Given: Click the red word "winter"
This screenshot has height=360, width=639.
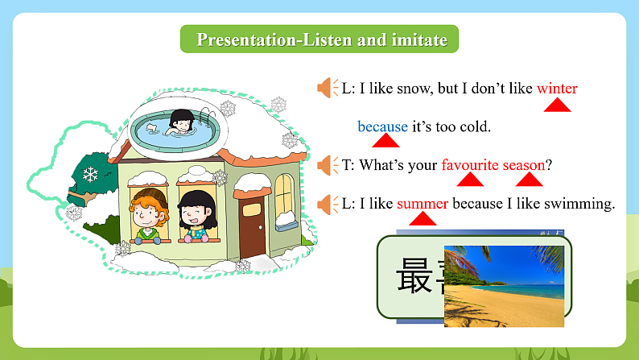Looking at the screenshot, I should pos(557,88).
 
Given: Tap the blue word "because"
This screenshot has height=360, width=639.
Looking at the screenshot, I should pos(382,126).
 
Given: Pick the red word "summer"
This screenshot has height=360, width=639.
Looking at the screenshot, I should pos(423,204).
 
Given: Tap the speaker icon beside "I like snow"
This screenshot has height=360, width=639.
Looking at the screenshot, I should pos(326,88).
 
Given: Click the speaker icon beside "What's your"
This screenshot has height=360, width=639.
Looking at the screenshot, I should pos(326,165).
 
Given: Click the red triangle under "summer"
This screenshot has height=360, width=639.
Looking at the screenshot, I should pos(425,221).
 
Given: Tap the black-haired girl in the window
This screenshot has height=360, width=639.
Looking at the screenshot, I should pos(195,213).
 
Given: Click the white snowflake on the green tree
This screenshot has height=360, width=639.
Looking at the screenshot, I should pos(90,174).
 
